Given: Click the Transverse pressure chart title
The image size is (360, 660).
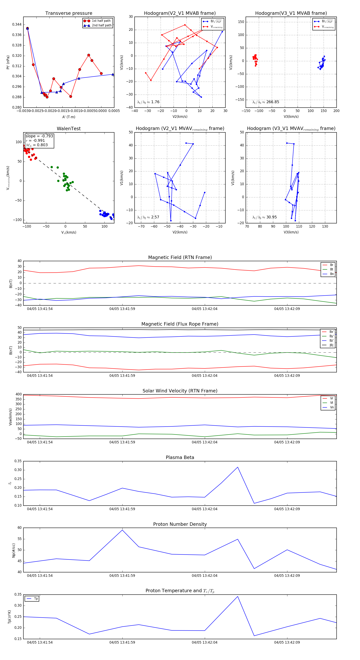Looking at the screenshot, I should coord(69,13).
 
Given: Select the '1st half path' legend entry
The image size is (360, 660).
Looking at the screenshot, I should coord(101,21).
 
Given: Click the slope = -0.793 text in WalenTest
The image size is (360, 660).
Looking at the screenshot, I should coord(39,136).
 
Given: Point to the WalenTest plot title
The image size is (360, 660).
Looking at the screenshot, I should coord(69,129).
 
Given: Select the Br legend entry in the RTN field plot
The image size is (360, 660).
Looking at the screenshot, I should coord(331,265).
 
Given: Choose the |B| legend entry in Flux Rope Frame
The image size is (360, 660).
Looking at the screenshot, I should coord(331,345).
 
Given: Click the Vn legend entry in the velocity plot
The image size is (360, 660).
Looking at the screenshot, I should coord(332,407).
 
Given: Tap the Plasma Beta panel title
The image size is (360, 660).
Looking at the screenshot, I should coord(180,457).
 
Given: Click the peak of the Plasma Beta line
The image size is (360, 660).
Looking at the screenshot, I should coord(238,467).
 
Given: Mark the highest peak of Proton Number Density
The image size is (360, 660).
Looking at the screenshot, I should coord(122,530).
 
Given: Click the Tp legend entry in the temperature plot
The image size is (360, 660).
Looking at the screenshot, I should coord(36,599).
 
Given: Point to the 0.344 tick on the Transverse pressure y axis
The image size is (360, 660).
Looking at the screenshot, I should coord(17,25).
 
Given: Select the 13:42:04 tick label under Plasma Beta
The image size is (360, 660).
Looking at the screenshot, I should coord(204,509).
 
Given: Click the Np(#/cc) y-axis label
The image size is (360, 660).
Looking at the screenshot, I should coord(14,550).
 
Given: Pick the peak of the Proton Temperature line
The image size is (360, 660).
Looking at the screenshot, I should coord(238,596).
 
